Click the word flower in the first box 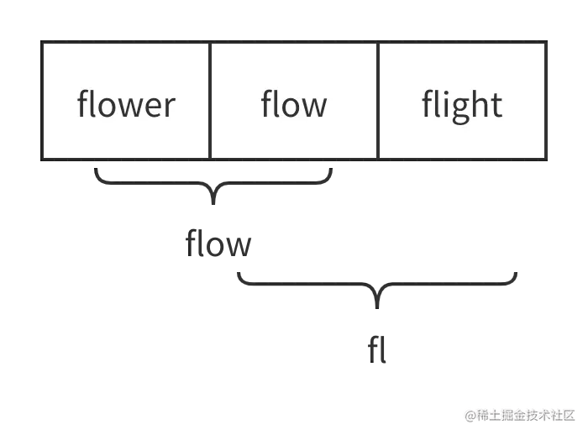point(126,105)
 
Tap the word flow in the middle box point(294,105)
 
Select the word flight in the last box point(462,105)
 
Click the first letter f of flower point(82,104)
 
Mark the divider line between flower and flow point(210,101)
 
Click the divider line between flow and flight point(378,101)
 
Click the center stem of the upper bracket point(215,195)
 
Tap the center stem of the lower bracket point(378,296)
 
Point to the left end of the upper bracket point(97,177)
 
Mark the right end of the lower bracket point(513,278)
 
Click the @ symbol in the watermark point(470,414)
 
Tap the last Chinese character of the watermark point(570,414)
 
